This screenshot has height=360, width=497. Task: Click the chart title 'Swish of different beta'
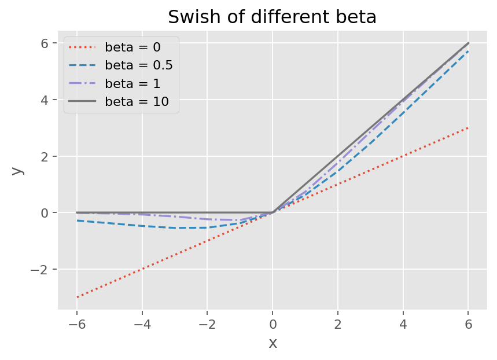pyautogui.click(x=272, y=17)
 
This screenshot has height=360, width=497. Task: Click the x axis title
pyautogui.click(x=273, y=343)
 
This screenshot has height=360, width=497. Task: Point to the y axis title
pyautogui.click(x=17, y=170)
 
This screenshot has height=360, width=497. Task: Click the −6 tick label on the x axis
pyautogui.click(x=77, y=324)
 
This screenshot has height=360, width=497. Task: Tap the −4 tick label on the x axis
pyautogui.click(x=142, y=324)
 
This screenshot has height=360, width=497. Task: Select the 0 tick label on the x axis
pyautogui.click(x=273, y=324)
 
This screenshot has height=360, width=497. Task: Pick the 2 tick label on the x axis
pyautogui.click(x=338, y=324)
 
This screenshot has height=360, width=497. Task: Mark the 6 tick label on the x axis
pyautogui.click(x=468, y=324)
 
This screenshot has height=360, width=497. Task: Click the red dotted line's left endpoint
pyautogui.click(x=77, y=297)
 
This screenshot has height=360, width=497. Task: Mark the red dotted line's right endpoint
pyautogui.click(x=468, y=128)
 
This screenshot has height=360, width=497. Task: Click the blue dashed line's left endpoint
pyautogui.click(x=77, y=221)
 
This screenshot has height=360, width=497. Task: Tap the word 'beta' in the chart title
pyautogui.click(x=358, y=17)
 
